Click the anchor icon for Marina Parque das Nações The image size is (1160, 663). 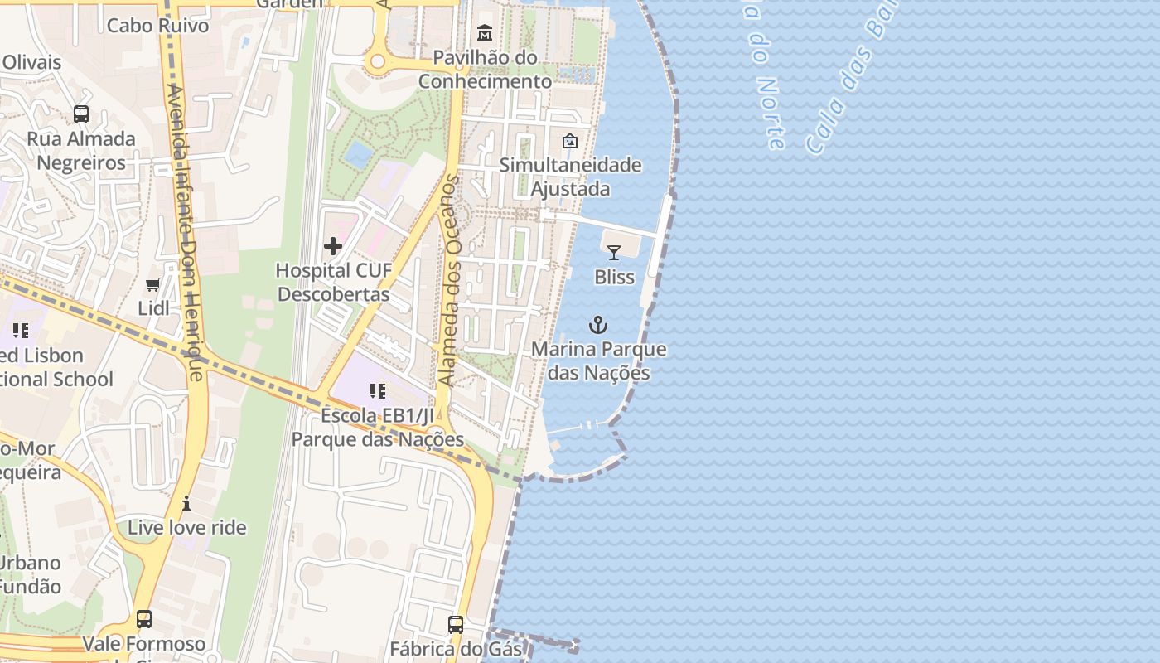(597, 325)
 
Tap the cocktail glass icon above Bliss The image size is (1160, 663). (613, 253)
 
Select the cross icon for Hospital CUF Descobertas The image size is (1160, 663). (333, 246)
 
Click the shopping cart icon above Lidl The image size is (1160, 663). (153, 285)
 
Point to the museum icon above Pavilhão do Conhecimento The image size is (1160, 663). (485, 34)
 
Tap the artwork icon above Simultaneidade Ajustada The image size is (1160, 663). (569, 141)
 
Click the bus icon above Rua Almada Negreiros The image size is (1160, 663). (81, 114)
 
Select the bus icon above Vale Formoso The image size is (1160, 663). (144, 619)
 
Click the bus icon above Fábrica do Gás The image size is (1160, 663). (456, 624)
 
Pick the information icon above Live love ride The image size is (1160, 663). (186, 503)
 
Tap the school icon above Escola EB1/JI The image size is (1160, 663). (378, 391)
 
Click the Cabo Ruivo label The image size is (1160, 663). (158, 25)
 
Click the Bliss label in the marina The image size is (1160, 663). (614, 277)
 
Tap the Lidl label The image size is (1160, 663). (153, 308)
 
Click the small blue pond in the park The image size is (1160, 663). (358, 153)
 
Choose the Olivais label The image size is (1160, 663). (31, 62)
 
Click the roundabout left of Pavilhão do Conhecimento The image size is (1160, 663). (379, 61)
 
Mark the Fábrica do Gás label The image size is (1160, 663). (456, 648)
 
